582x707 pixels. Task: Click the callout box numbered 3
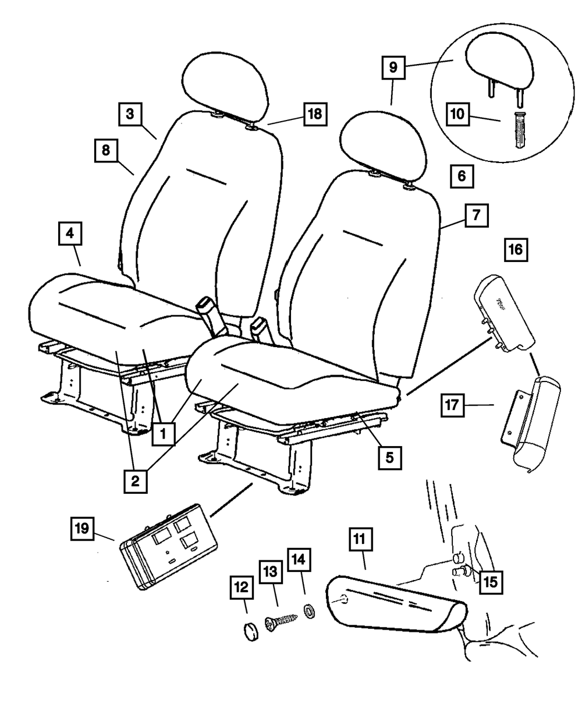click(x=130, y=114)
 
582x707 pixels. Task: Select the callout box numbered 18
click(x=315, y=114)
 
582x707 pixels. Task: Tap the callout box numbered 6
click(x=462, y=176)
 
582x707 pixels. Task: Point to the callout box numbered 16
click(x=516, y=250)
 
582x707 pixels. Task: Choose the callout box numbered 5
click(x=390, y=458)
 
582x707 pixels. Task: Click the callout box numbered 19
click(x=82, y=528)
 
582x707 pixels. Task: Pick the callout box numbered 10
click(x=458, y=114)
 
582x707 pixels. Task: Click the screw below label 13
click(x=281, y=623)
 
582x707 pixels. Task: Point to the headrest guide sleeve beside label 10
click(x=520, y=129)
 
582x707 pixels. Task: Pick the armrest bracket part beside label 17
click(x=530, y=423)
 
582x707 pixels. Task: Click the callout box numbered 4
click(x=70, y=234)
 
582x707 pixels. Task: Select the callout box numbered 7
click(x=477, y=215)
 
